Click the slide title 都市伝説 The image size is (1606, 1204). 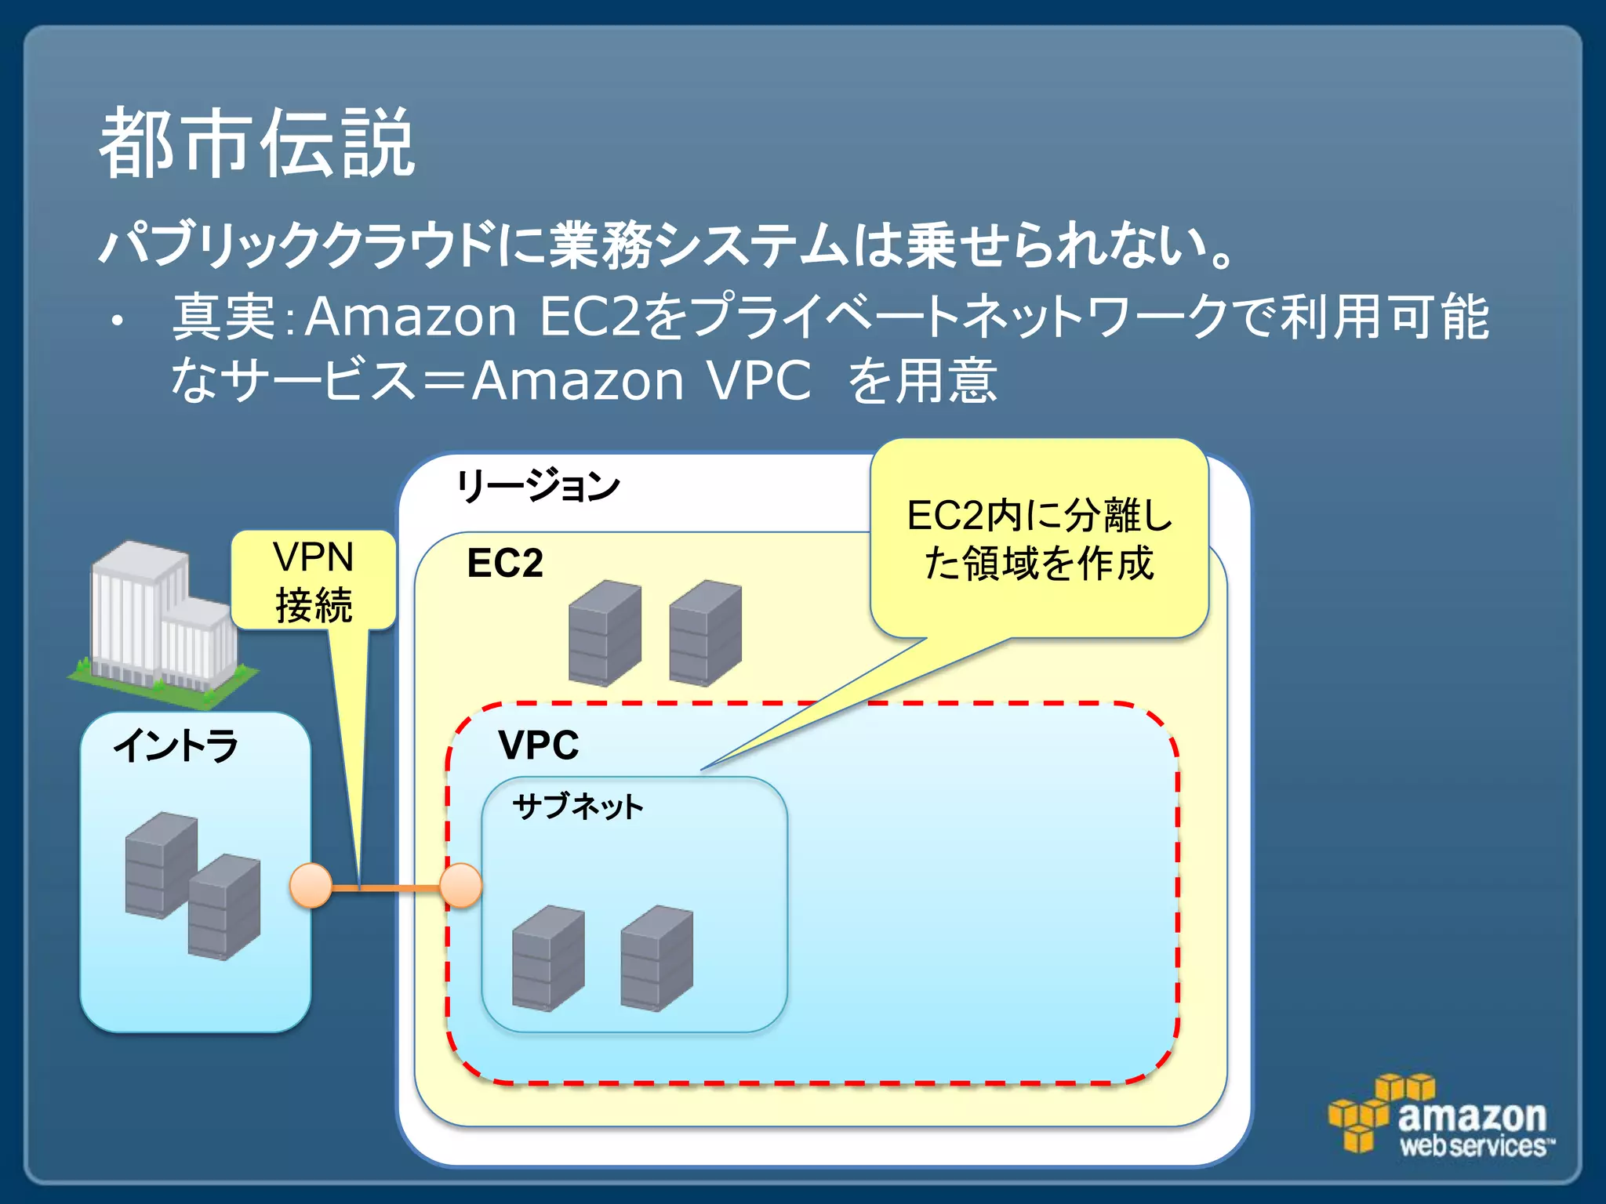click(256, 143)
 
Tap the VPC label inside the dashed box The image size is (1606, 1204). click(538, 745)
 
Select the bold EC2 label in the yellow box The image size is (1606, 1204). click(504, 563)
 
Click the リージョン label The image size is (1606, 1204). click(538, 487)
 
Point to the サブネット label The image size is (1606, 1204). click(577, 807)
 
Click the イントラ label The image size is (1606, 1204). click(176, 745)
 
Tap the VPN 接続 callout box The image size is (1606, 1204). click(313, 581)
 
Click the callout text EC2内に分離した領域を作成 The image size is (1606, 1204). click(1038, 539)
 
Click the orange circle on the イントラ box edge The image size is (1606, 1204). click(311, 886)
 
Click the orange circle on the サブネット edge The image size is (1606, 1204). click(460, 886)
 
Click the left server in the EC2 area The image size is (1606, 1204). click(604, 633)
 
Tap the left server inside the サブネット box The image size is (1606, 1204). click(547, 958)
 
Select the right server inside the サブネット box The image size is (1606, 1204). click(656, 958)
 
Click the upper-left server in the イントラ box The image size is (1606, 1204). click(161, 864)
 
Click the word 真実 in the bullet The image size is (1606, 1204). click(223, 317)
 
